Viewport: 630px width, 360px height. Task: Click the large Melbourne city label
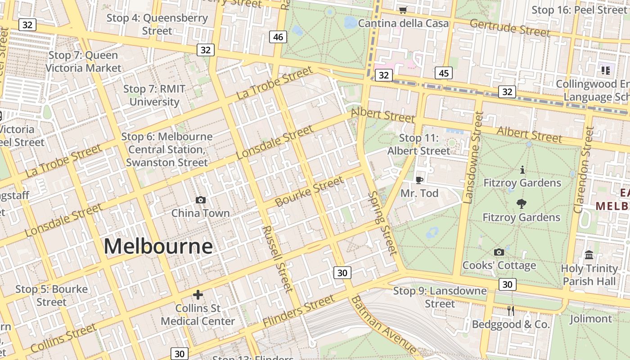click(x=158, y=247)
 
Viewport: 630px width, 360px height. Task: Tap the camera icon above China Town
click(x=201, y=200)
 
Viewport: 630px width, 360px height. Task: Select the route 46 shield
click(x=278, y=37)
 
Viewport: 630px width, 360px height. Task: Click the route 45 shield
click(x=444, y=73)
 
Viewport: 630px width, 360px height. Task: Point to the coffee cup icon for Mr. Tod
click(x=419, y=180)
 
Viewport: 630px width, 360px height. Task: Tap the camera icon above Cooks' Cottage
click(x=499, y=252)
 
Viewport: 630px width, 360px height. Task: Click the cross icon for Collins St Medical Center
click(x=198, y=295)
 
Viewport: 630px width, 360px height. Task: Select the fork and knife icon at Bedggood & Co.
click(x=511, y=311)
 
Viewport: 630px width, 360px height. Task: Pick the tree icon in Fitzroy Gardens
click(x=522, y=204)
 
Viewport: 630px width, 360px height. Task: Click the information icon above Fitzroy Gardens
click(x=522, y=170)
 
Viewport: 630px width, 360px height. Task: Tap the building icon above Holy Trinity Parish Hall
click(x=589, y=256)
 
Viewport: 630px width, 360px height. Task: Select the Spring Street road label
click(x=383, y=223)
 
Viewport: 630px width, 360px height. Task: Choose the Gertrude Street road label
click(x=509, y=28)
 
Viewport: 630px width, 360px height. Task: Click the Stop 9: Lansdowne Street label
click(x=440, y=297)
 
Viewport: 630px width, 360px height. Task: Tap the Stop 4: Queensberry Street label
click(x=157, y=24)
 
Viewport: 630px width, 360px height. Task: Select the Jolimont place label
click(x=591, y=319)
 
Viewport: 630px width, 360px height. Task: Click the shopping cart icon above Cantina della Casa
click(x=403, y=10)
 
